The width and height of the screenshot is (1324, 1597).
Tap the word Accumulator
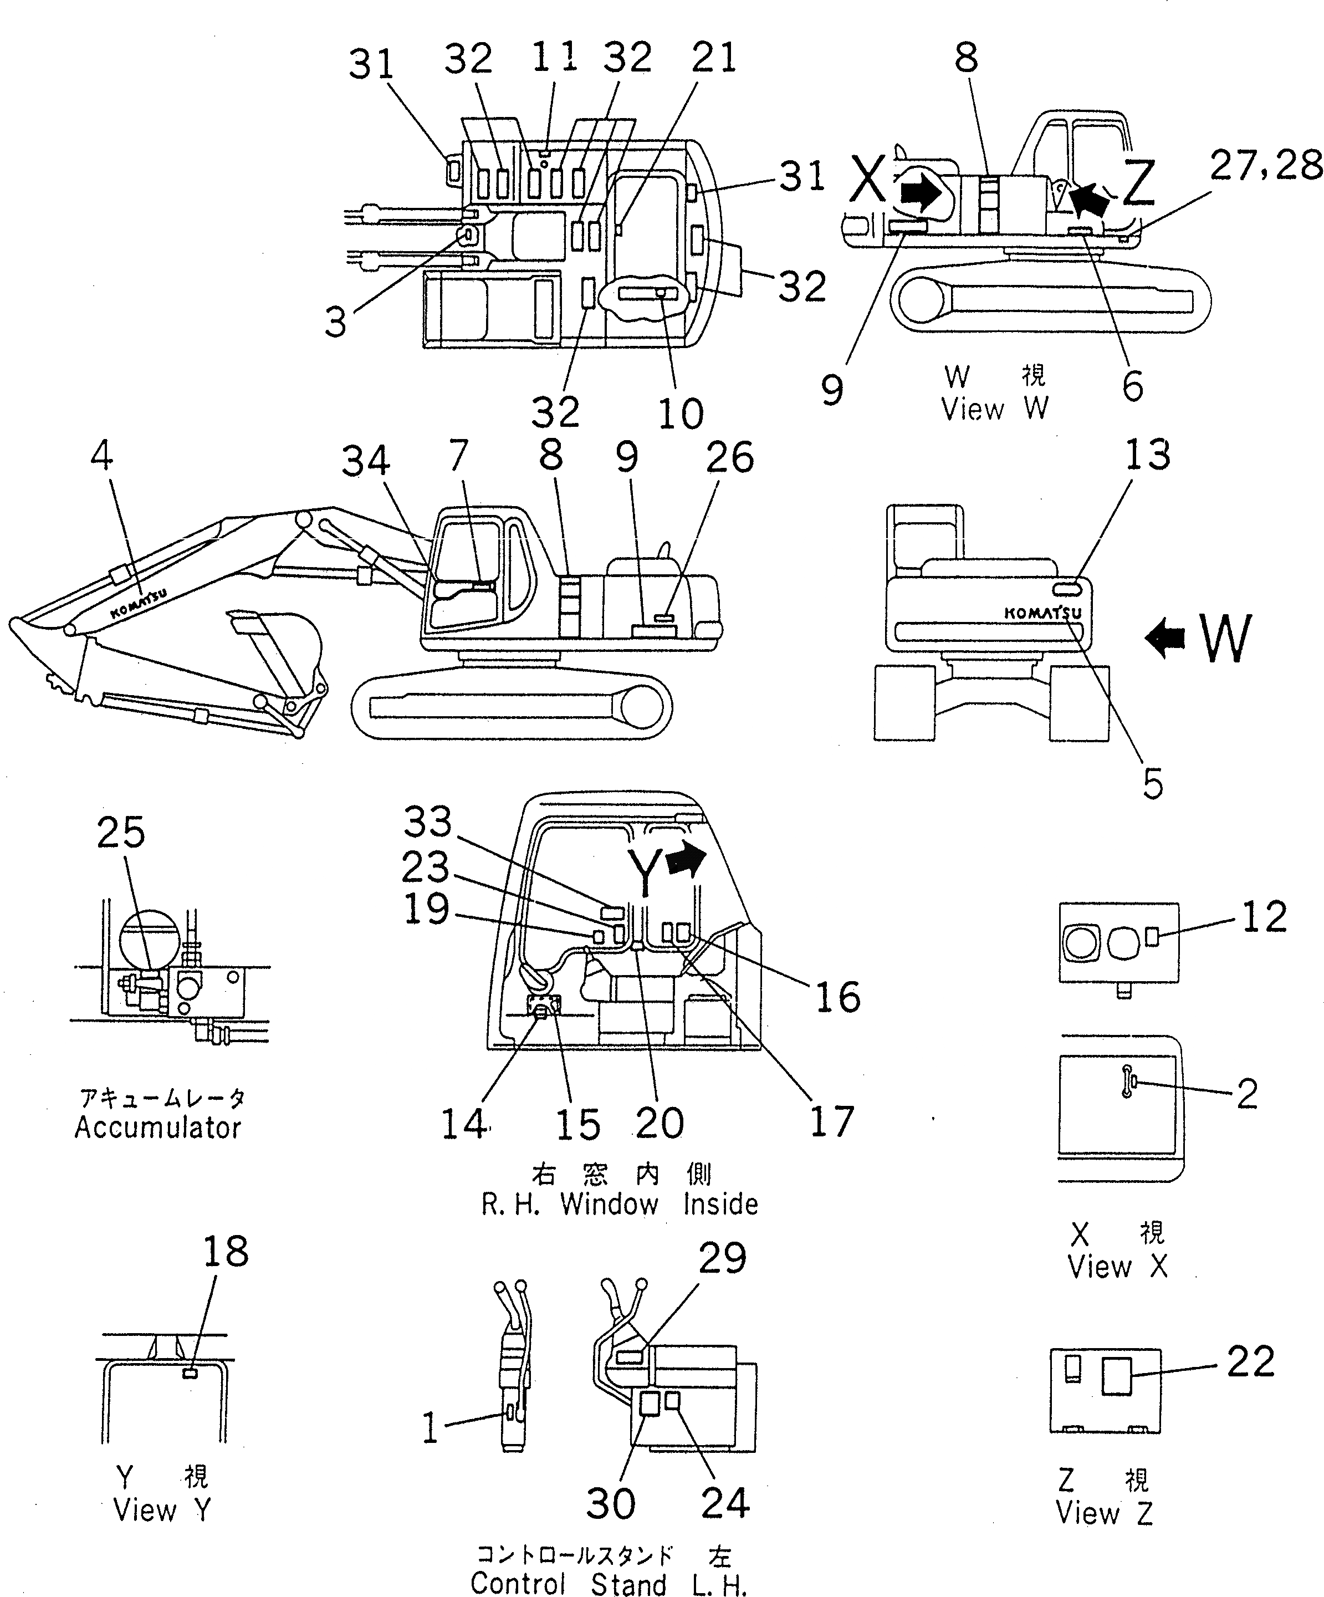(157, 1127)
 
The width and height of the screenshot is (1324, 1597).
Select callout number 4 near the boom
(102, 456)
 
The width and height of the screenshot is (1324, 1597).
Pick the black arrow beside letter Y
(686, 859)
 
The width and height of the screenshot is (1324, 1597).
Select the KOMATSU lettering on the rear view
(1042, 612)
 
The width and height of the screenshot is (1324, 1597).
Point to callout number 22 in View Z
(1251, 1361)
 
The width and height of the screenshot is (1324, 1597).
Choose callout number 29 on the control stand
(723, 1259)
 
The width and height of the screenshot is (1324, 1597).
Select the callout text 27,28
(1266, 165)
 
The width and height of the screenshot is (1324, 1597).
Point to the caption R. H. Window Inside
(620, 1205)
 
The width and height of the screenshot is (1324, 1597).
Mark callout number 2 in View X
(1247, 1094)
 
